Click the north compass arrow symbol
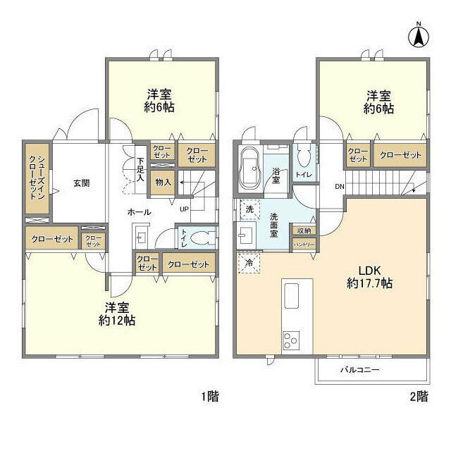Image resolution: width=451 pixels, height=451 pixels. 418,36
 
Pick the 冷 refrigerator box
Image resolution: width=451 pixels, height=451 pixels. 249,264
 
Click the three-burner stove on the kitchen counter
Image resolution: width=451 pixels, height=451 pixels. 292,340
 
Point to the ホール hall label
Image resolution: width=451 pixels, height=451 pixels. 138,211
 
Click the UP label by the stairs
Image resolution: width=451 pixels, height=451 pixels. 184,209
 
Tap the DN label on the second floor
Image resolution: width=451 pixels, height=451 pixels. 338,187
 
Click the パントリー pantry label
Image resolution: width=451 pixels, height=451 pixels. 304,244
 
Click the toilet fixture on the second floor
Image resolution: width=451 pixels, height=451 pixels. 304,156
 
